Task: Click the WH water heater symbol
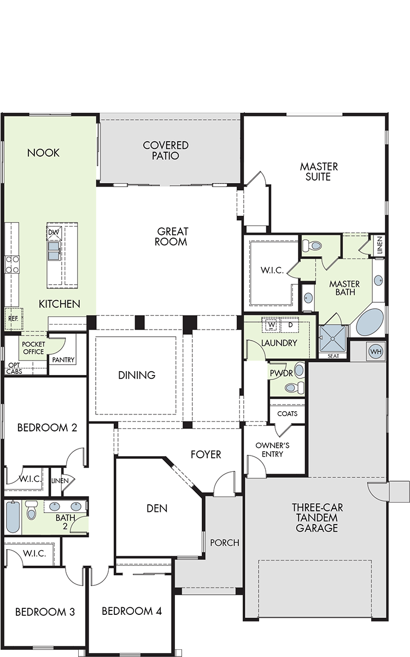pos(376,351)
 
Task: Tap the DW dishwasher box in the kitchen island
pos(54,233)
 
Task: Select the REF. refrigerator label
pos(13,319)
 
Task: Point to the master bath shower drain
pos(333,339)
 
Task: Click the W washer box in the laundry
pos(272,325)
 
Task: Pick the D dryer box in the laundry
pos(290,325)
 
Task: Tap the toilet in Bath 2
pos(31,510)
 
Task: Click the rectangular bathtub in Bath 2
pos(13,517)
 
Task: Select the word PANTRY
pos(63,360)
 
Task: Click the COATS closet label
pos(288,413)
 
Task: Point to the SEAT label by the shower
pos(333,356)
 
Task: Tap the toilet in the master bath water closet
pos(312,245)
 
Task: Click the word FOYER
pos(206,454)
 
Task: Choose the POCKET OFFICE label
pos(33,348)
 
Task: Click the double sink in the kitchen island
pos(54,251)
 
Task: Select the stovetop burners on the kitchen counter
pos(12,264)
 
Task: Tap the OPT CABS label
pos(14,368)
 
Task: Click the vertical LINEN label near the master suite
pos(379,245)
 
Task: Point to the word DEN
pos(157,509)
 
